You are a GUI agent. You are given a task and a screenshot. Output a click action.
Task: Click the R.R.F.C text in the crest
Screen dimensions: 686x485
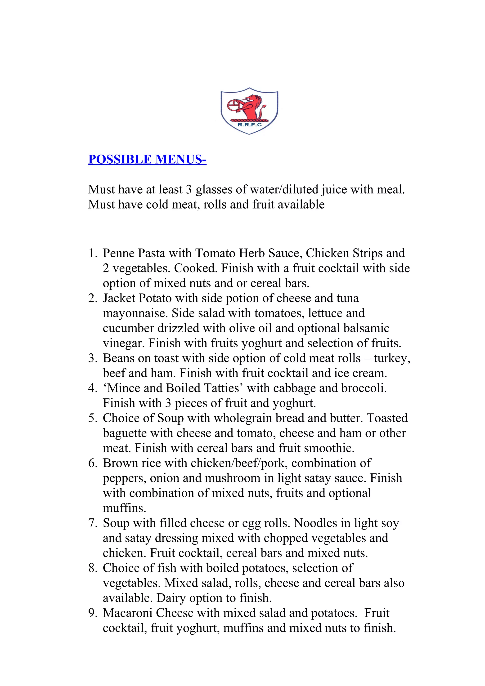click(x=249, y=125)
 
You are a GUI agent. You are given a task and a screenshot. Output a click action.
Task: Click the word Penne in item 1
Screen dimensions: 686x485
click(x=119, y=253)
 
